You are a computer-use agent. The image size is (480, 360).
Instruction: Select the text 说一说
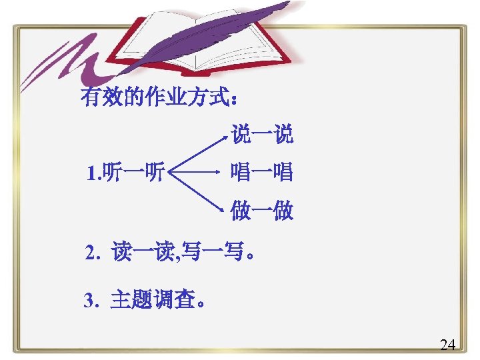point(262,135)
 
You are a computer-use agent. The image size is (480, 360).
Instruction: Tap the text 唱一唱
point(261,173)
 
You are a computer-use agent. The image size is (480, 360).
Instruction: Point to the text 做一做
point(262,212)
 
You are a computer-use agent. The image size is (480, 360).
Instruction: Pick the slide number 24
point(448,345)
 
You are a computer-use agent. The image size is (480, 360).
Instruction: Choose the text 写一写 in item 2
point(208,253)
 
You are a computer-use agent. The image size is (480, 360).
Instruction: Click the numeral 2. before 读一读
point(92,254)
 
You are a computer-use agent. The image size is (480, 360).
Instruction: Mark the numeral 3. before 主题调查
point(91,301)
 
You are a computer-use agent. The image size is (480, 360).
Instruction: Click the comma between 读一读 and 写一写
point(175,258)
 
